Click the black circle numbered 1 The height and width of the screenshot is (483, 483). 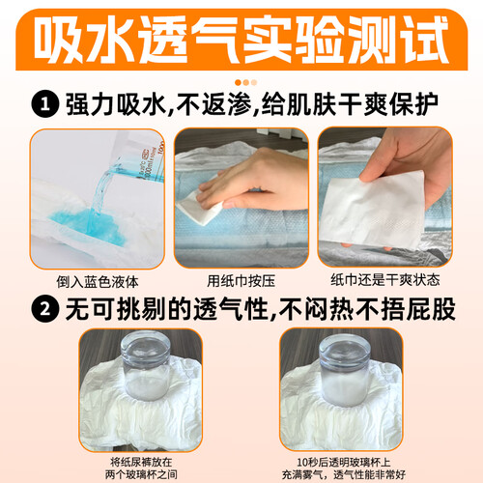45,104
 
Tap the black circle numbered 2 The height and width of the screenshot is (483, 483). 45,308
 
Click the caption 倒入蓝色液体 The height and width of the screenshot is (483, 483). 98,282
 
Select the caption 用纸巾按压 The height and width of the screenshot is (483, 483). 241,281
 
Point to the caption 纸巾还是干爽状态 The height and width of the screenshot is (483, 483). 385,280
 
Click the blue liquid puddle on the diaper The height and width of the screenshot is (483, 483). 89,225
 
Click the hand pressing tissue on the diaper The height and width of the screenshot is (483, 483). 254,181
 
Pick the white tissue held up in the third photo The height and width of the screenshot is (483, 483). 374,211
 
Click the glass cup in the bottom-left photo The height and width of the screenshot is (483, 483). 145,367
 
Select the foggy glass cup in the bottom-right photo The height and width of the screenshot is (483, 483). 345,370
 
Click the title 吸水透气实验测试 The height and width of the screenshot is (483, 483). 241,40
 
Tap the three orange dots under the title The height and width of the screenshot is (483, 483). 246,82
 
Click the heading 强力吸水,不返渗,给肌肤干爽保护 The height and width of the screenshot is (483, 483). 252,104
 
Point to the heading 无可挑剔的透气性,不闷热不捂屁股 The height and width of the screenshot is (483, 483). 260,309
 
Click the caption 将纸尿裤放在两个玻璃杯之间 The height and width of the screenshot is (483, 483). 141,469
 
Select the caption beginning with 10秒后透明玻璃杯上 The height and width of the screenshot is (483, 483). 344,469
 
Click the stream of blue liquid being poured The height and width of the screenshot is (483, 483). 102,190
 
